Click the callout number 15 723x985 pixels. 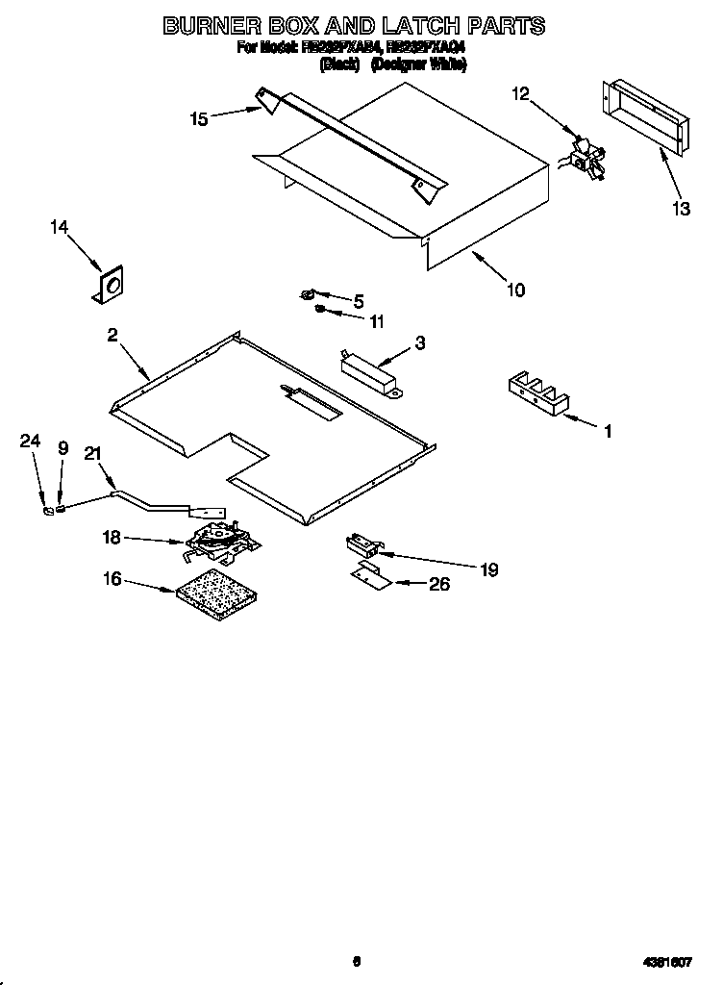199,119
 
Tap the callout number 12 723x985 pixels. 519,93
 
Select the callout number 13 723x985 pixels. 681,209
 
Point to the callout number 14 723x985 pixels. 60,227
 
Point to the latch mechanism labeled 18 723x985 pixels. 218,544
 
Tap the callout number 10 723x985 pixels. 515,289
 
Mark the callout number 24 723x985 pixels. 31,442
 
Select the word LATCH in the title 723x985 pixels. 415,26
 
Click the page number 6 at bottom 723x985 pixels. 356,960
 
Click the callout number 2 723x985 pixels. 112,335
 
